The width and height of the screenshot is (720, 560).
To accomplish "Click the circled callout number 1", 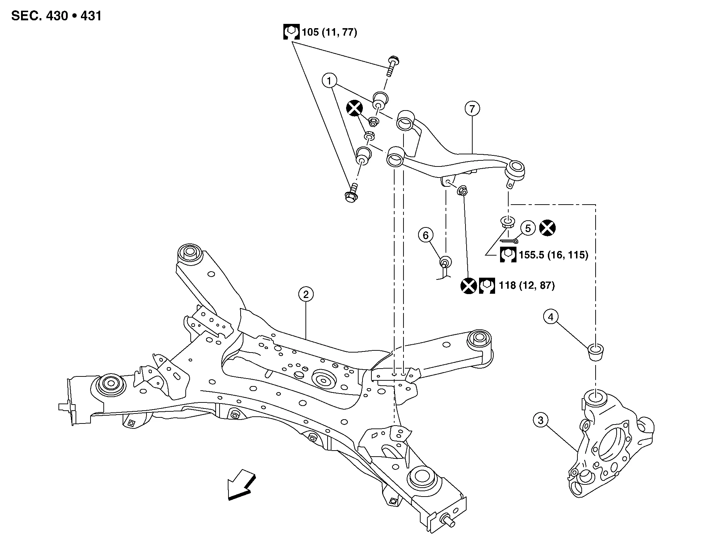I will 329,81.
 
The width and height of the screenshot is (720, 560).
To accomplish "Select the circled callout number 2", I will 306,294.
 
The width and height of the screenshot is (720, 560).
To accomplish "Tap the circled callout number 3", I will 540,421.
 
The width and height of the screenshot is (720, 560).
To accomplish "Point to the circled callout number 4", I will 551,317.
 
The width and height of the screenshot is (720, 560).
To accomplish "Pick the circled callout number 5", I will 528,228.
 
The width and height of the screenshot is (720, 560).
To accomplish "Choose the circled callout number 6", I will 426,235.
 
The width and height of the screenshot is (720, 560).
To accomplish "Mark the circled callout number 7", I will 472,108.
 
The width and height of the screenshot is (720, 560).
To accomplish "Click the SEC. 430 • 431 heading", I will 56,16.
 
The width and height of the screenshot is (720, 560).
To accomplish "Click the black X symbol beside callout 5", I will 547,228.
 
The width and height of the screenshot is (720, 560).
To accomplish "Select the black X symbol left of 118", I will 468,286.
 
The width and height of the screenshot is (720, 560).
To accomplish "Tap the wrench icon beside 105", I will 291,32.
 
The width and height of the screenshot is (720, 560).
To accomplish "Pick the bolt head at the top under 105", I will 394,59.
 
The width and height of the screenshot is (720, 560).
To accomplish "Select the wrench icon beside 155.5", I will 508,255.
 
